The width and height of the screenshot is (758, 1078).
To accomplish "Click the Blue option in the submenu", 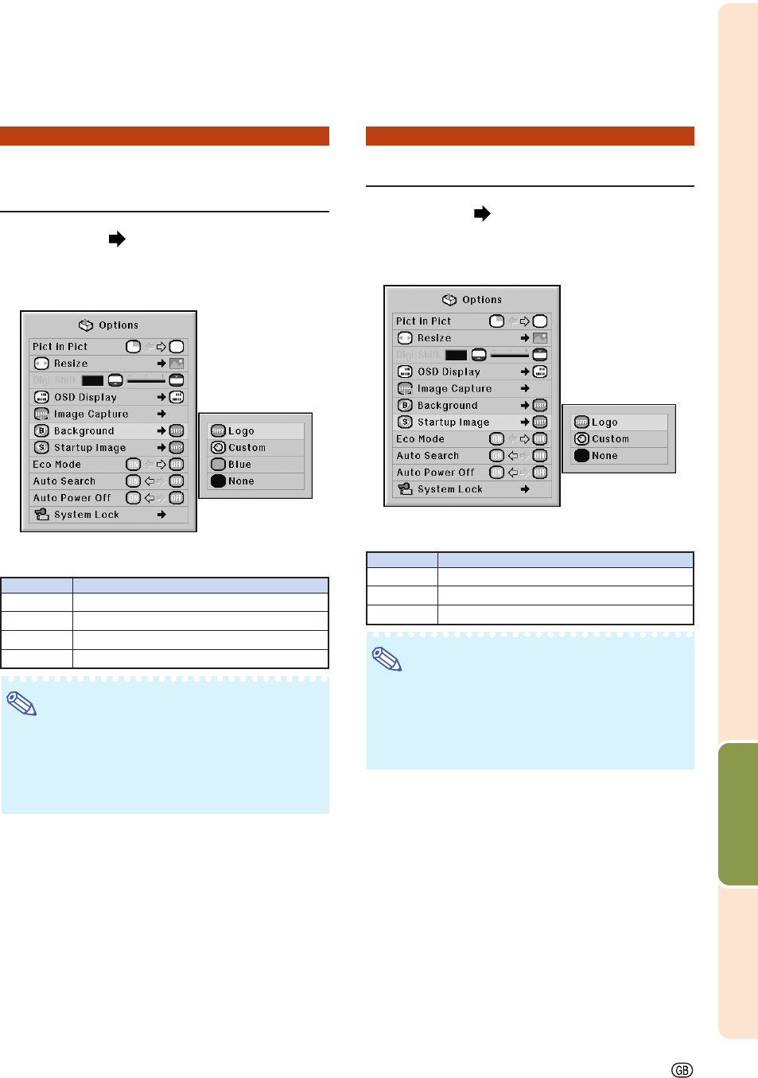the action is point(239,465).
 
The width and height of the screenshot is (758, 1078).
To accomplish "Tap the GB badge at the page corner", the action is point(682,1070).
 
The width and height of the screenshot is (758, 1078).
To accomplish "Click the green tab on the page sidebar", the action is point(737,813).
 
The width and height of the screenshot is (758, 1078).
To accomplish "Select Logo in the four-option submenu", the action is point(241,431).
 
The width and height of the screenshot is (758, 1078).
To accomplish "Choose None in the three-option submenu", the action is point(604,456).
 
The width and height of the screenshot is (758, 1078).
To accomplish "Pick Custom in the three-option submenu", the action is point(610,439).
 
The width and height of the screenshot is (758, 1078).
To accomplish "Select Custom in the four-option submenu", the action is point(247,448).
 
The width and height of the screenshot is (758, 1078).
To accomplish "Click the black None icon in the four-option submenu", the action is point(218,481).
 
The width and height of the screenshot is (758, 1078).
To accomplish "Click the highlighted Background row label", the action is point(84,431).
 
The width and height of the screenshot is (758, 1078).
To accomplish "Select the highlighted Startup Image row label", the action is point(453,422).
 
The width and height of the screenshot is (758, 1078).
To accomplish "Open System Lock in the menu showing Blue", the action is point(86,515).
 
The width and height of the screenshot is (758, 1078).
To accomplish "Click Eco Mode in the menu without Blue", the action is point(420,439).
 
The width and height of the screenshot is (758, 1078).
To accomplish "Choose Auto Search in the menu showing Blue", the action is point(64,481).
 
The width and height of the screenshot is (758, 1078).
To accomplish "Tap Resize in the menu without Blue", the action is point(433,338).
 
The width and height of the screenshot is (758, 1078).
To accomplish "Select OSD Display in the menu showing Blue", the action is point(85,397).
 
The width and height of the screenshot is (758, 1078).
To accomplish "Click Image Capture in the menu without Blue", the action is point(454,389).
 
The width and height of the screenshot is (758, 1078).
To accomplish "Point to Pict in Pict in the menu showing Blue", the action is point(60,347).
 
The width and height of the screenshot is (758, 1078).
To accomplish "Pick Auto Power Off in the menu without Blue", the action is point(435,473).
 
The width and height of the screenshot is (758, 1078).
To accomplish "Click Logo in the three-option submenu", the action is point(604,422).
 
